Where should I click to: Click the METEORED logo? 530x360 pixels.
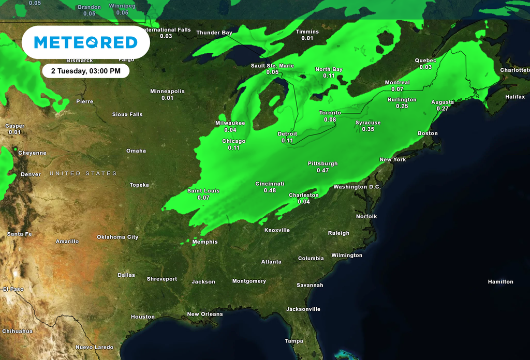(x=85, y=42)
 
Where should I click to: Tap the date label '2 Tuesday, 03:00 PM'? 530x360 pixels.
(x=86, y=71)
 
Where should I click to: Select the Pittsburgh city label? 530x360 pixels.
(x=322, y=163)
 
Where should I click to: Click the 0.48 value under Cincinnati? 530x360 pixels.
(x=270, y=190)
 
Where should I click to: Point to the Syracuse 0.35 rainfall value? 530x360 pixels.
(x=368, y=129)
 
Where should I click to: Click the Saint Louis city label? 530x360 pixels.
(x=203, y=191)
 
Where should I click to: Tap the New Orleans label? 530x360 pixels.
(x=205, y=314)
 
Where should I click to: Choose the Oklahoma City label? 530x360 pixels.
(x=118, y=237)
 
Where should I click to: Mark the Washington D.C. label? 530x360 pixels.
(x=357, y=187)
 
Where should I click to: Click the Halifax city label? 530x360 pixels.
(x=515, y=97)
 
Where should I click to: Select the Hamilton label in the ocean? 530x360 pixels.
(x=500, y=282)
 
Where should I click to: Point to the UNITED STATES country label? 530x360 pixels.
(x=83, y=173)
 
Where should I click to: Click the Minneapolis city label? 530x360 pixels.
(x=167, y=91)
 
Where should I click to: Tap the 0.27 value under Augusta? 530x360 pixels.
(x=443, y=109)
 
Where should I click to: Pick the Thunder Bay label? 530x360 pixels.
(x=214, y=33)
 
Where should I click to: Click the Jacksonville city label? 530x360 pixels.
(x=303, y=309)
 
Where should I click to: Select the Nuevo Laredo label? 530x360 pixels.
(x=94, y=347)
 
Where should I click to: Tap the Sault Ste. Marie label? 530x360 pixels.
(x=272, y=66)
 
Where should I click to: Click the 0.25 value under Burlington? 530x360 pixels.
(x=402, y=106)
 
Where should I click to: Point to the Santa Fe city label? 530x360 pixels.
(x=19, y=234)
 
